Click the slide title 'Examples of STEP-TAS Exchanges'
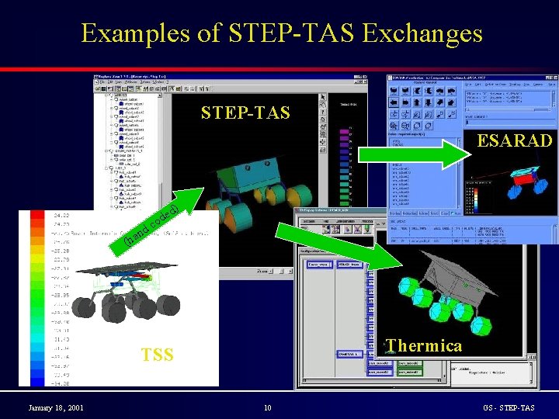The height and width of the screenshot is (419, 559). tap(281, 33)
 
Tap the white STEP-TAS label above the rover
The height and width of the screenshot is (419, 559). tap(245, 113)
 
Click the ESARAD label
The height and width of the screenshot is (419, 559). tap(514, 140)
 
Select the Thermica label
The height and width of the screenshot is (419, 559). tap(424, 345)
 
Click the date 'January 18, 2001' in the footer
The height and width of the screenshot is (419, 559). tap(57, 408)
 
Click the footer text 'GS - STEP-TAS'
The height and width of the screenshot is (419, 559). tap(509, 408)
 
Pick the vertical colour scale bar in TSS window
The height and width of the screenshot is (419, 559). tap(37, 299)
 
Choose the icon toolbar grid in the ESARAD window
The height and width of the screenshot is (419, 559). tap(423, 101)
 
